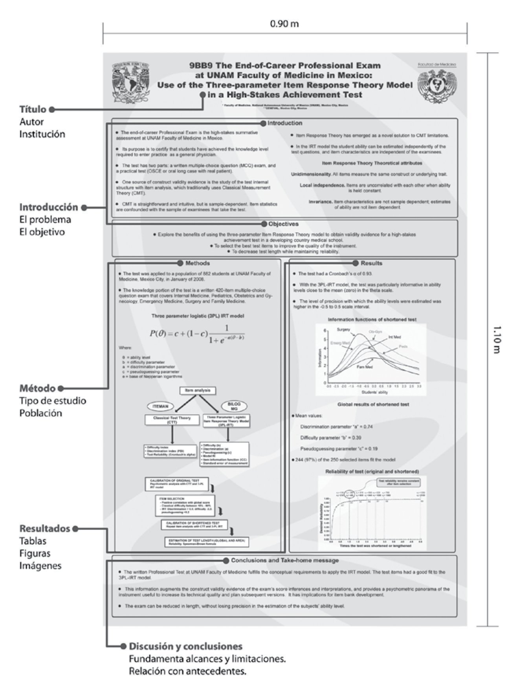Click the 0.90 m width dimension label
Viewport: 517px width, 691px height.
click(x=284, y=24)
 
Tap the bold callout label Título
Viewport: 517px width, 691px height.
click(x=33, y=109)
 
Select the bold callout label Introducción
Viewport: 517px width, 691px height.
click(x=49, y=207)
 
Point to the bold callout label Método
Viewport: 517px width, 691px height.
click(x=38, y=388)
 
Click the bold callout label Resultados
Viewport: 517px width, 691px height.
click(x=45, y=528)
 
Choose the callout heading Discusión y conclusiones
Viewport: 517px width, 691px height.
click(x=185, y=646)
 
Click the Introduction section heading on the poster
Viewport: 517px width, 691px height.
click(x=284, y=123)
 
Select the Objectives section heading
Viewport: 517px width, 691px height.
click(x=283, y=224)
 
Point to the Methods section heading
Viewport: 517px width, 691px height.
click(x=198, y=263)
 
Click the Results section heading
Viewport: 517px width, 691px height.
click(x=371, y=263)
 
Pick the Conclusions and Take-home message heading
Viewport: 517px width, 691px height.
click(x=284, y=560)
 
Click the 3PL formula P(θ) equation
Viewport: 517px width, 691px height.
click(x=197, y=333)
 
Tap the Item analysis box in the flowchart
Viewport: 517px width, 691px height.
click(x=198, y=390)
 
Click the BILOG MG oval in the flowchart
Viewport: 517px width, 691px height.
click(x=234, y=406)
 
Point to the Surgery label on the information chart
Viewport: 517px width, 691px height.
click(x=343, y=329)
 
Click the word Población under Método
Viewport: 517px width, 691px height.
click(x=40, y=413)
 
